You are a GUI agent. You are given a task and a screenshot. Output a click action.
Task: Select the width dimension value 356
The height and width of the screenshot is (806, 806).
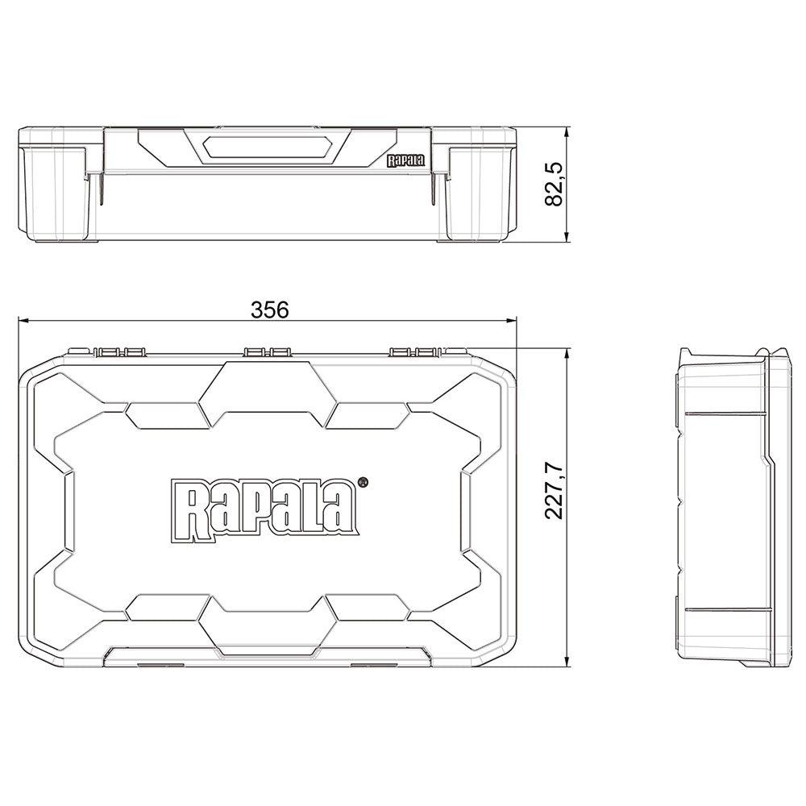coord(269,310)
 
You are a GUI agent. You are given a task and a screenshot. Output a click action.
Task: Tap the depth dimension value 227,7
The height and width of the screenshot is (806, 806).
coord(555,491)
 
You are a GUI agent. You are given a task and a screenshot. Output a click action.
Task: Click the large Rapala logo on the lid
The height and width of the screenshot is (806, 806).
coord(264,507)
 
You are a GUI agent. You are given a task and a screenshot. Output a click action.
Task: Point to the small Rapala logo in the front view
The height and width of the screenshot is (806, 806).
coord(405,160)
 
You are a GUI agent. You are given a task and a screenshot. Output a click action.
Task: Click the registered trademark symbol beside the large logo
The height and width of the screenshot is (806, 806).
coord(363,482)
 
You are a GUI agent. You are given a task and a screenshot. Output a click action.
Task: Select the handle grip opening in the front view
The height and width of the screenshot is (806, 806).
coord(267,147)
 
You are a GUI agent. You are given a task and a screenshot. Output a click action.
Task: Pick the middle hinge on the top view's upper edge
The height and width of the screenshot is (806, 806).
coord(268,352)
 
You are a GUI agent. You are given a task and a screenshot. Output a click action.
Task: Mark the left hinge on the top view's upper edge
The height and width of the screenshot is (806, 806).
coord(118,352)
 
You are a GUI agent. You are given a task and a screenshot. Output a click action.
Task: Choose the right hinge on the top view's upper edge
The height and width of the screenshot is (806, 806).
coord(415,352)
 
